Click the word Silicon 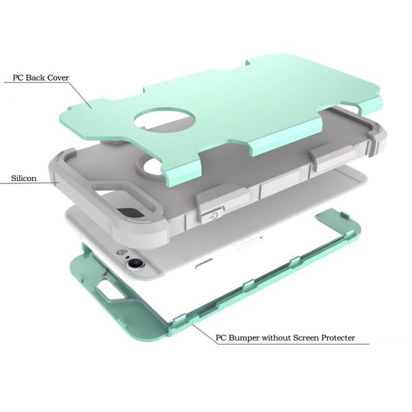click(x=23, y=179)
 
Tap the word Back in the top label click(x=35, y=78)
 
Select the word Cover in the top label click(x=58, y=78)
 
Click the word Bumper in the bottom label click(x=244, y=338)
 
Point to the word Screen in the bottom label click(x=306, y=338)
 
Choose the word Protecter click(x=338, y=338)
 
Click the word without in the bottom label click(x=276, y=338)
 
